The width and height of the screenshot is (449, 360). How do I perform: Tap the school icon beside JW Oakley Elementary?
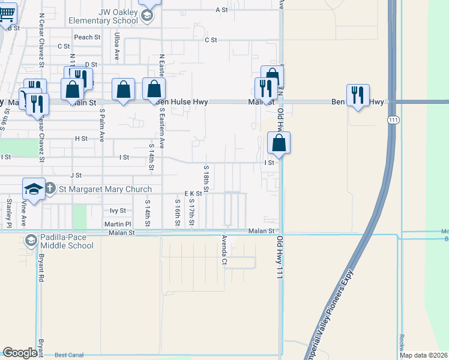pos(147,16)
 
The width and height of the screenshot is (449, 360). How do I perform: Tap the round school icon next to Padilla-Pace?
pos(31,241)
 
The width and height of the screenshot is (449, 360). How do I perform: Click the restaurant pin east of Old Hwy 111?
pos(358,95)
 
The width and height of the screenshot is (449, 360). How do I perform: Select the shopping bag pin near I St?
pos(279,143)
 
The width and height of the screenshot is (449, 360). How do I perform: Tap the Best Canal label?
pos(70,355)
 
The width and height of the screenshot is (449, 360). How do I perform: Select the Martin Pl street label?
pos(116,224)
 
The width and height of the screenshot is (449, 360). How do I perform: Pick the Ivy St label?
pos(118,211)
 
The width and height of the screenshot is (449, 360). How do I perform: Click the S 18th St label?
pos(205,179)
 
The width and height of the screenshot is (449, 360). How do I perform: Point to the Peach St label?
pos(87,37)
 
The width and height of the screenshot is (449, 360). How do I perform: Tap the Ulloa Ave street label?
pos(116,47)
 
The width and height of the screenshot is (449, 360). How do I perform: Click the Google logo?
pos(20,353)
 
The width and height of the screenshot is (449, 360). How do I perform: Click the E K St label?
pos(193,194)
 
